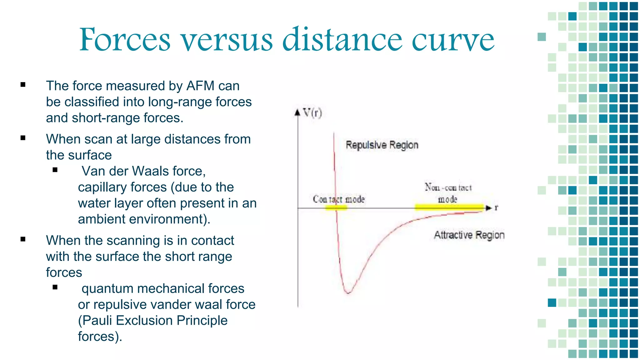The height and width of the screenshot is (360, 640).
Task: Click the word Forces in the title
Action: pyautogui.click(x=125, y=40)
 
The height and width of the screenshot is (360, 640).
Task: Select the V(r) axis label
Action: pyautogui.click(x=312, y=113)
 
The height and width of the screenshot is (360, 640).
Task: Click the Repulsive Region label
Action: pyautogui.click(x=382, y=145)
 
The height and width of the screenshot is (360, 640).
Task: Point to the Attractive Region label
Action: pyautogui.click(x=469, y=235)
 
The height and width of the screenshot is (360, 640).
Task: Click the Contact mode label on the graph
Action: pyautogui.click(x=339, y=199)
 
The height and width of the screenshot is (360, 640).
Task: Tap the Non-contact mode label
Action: pyautogui.click(x=448, y=193)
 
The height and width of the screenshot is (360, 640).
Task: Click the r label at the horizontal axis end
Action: pyautogui.click(x=496, y=207)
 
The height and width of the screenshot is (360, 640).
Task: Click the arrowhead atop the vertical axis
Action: pyautogui.click(x=298, y=112)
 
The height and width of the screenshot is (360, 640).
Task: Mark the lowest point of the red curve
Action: pyautogui.click(x=348, y=293)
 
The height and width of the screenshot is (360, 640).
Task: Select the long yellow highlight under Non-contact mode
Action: pyautogui.click(x=449, y=207)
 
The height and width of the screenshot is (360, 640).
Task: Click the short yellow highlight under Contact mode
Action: pyautogui.click(x=336, y=208)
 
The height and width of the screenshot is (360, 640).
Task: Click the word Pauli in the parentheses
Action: pyautogui.click(x=97, y=321)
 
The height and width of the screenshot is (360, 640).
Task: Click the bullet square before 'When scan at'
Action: pyautogui.click(x=23, y=138)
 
